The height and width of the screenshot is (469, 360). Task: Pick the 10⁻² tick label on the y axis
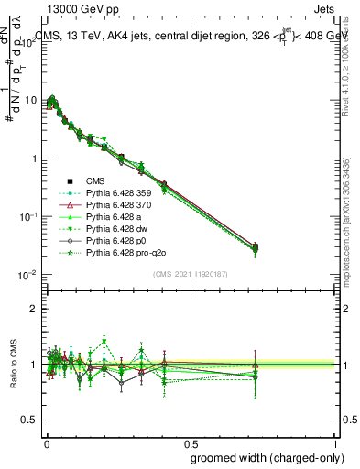[27, 275]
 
